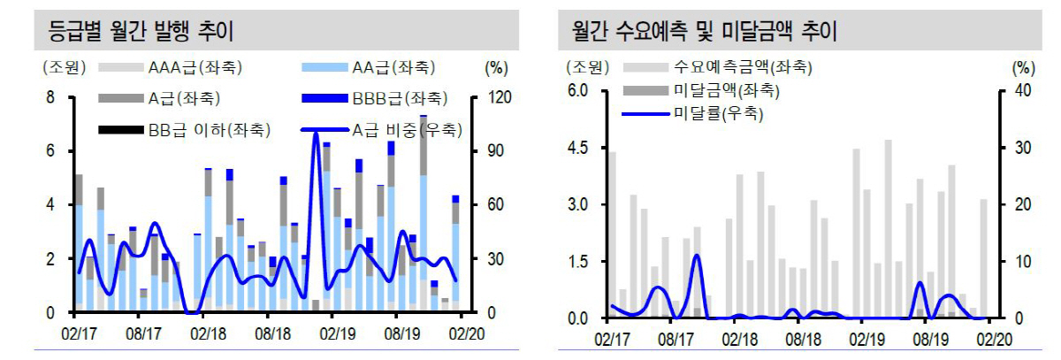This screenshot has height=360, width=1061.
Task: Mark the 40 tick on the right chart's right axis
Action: [1023, 90]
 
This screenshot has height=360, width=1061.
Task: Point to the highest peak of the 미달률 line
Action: [697, 256]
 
